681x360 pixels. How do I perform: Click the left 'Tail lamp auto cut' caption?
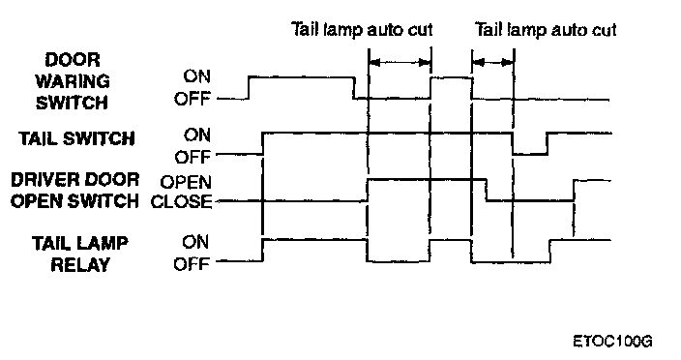tap(362, 30)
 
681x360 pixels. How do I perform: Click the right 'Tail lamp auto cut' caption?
tap(546, 30)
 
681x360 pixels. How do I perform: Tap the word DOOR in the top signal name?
tap(73, 60)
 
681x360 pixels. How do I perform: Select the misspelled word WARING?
tap(73, 81)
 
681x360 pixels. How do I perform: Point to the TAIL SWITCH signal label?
tap(76, 138)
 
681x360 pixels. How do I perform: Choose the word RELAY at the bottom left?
tap(80, 264)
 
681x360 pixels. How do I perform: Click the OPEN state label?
tap(186, 182)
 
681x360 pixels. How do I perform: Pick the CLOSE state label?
tap(182, 202)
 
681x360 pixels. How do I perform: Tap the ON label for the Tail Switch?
tap(196, 135)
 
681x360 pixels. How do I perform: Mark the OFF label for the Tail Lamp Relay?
tap(192, 263)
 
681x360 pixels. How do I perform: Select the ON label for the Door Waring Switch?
tap(196, 76)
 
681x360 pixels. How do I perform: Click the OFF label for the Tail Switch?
tap(192, 157)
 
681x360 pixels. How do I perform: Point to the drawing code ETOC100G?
tap(612, 342)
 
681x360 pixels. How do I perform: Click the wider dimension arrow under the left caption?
tap(400, 63)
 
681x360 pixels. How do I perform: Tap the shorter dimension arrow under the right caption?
tap(493, 63)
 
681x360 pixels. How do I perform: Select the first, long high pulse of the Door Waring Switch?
tap(301, 77)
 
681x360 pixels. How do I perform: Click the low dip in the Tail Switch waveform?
tap(530, 153)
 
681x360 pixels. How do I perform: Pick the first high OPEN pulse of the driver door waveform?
tap(427, 179)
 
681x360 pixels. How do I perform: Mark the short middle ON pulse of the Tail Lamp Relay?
tap(451, 240)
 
